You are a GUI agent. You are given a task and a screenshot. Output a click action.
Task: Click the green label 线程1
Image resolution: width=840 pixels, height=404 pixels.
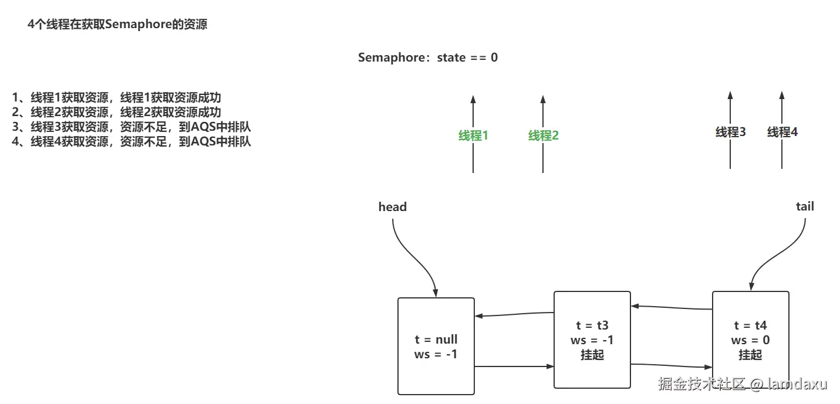tap(473, 135)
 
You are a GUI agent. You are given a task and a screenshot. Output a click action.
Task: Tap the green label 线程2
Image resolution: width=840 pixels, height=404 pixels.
tap(543, 135)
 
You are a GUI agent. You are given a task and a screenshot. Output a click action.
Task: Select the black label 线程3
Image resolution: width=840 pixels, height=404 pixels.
tap(730, 132)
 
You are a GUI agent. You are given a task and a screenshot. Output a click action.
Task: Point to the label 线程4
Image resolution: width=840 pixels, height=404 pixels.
tap(782, 132)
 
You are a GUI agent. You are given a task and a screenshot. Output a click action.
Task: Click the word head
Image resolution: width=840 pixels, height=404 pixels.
tap(392, 206)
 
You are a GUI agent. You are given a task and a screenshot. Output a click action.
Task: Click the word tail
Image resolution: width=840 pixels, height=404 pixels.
tap(805, 206)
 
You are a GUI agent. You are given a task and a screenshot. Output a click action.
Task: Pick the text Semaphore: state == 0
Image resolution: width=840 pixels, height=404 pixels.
tap(427, 57)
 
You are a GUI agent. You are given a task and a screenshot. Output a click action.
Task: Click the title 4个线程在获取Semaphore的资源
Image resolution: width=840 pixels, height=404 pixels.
tap(117, 25)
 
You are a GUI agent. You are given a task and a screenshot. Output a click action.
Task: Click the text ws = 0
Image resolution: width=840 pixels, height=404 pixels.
tap(750, 340)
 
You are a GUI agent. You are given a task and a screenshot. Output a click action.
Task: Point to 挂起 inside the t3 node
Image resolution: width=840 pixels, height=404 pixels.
tap(592, 355)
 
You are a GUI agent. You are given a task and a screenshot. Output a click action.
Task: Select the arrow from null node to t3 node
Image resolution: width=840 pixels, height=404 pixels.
tap(514, 367)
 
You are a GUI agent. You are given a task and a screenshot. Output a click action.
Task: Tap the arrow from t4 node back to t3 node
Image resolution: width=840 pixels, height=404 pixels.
tap(672, 307)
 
